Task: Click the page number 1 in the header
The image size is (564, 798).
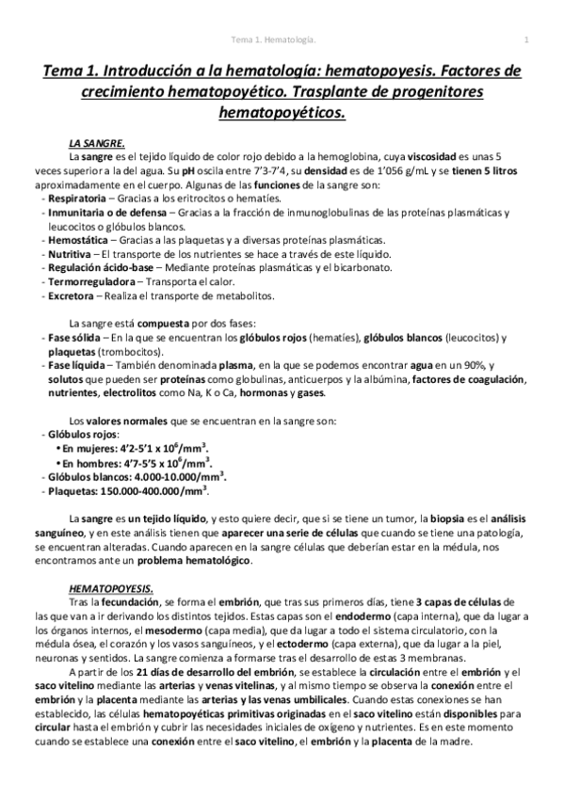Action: [526, 39]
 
